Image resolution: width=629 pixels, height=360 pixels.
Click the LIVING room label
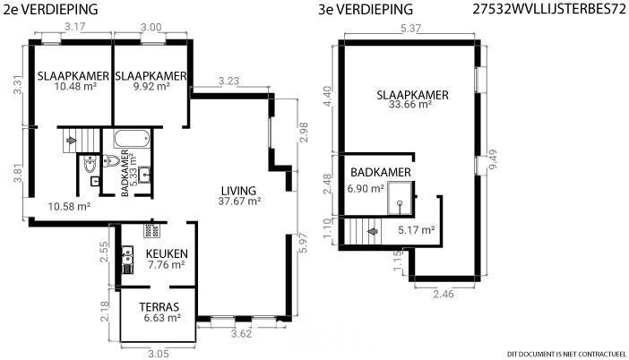(x=238, y=191)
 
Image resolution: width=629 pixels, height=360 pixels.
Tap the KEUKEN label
(x=167, y=253)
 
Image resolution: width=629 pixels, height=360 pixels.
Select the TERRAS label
(x=159, y=307)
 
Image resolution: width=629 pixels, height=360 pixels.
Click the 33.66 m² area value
(x=410, y=105)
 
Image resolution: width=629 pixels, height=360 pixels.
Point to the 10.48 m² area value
(x=75, y=86)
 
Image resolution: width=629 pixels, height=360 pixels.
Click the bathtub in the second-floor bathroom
(x=132, y=138)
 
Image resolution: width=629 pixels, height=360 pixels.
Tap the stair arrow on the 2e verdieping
(x=72, y=141)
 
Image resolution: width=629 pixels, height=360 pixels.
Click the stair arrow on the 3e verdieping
(x=373, y=231)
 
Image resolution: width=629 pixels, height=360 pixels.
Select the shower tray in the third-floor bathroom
(x=400, y=198)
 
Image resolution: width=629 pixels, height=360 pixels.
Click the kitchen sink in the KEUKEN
(x=127, y=253)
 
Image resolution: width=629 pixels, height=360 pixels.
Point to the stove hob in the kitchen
(x=151, y=231)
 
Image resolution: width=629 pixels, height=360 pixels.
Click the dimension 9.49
(x=493, y=159)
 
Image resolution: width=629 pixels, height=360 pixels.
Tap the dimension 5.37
(x=410, y=29)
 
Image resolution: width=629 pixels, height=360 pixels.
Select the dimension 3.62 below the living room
(x=242, y=333)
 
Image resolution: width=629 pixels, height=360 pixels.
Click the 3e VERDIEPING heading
(x=366, y=9)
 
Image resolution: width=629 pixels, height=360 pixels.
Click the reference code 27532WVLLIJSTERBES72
(x=549, y=9)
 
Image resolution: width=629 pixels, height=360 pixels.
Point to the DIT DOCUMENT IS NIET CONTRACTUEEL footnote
(x=566, y=354)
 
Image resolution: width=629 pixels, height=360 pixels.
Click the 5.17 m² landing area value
(x=417, y=230)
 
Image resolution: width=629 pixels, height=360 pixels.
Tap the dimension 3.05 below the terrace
(x=158, y=354)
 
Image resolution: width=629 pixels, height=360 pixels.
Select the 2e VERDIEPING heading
(x=50, y=9)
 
